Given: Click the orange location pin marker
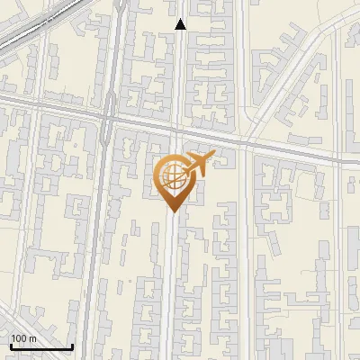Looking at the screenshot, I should pos(172,180).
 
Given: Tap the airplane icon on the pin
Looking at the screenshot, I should pos(198,164).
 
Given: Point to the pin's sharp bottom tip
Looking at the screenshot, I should pos(172,211).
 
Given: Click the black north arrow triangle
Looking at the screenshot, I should pos(181,24).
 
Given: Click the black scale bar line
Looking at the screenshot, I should pos(41,347).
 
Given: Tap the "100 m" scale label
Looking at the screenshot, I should pos(22,338).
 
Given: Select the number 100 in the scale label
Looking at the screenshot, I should pos(18,338).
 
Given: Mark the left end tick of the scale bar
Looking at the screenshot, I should pos(11,346).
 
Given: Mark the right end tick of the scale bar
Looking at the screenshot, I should pos(72,346).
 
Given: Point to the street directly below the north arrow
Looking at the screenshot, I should pos(181,72).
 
